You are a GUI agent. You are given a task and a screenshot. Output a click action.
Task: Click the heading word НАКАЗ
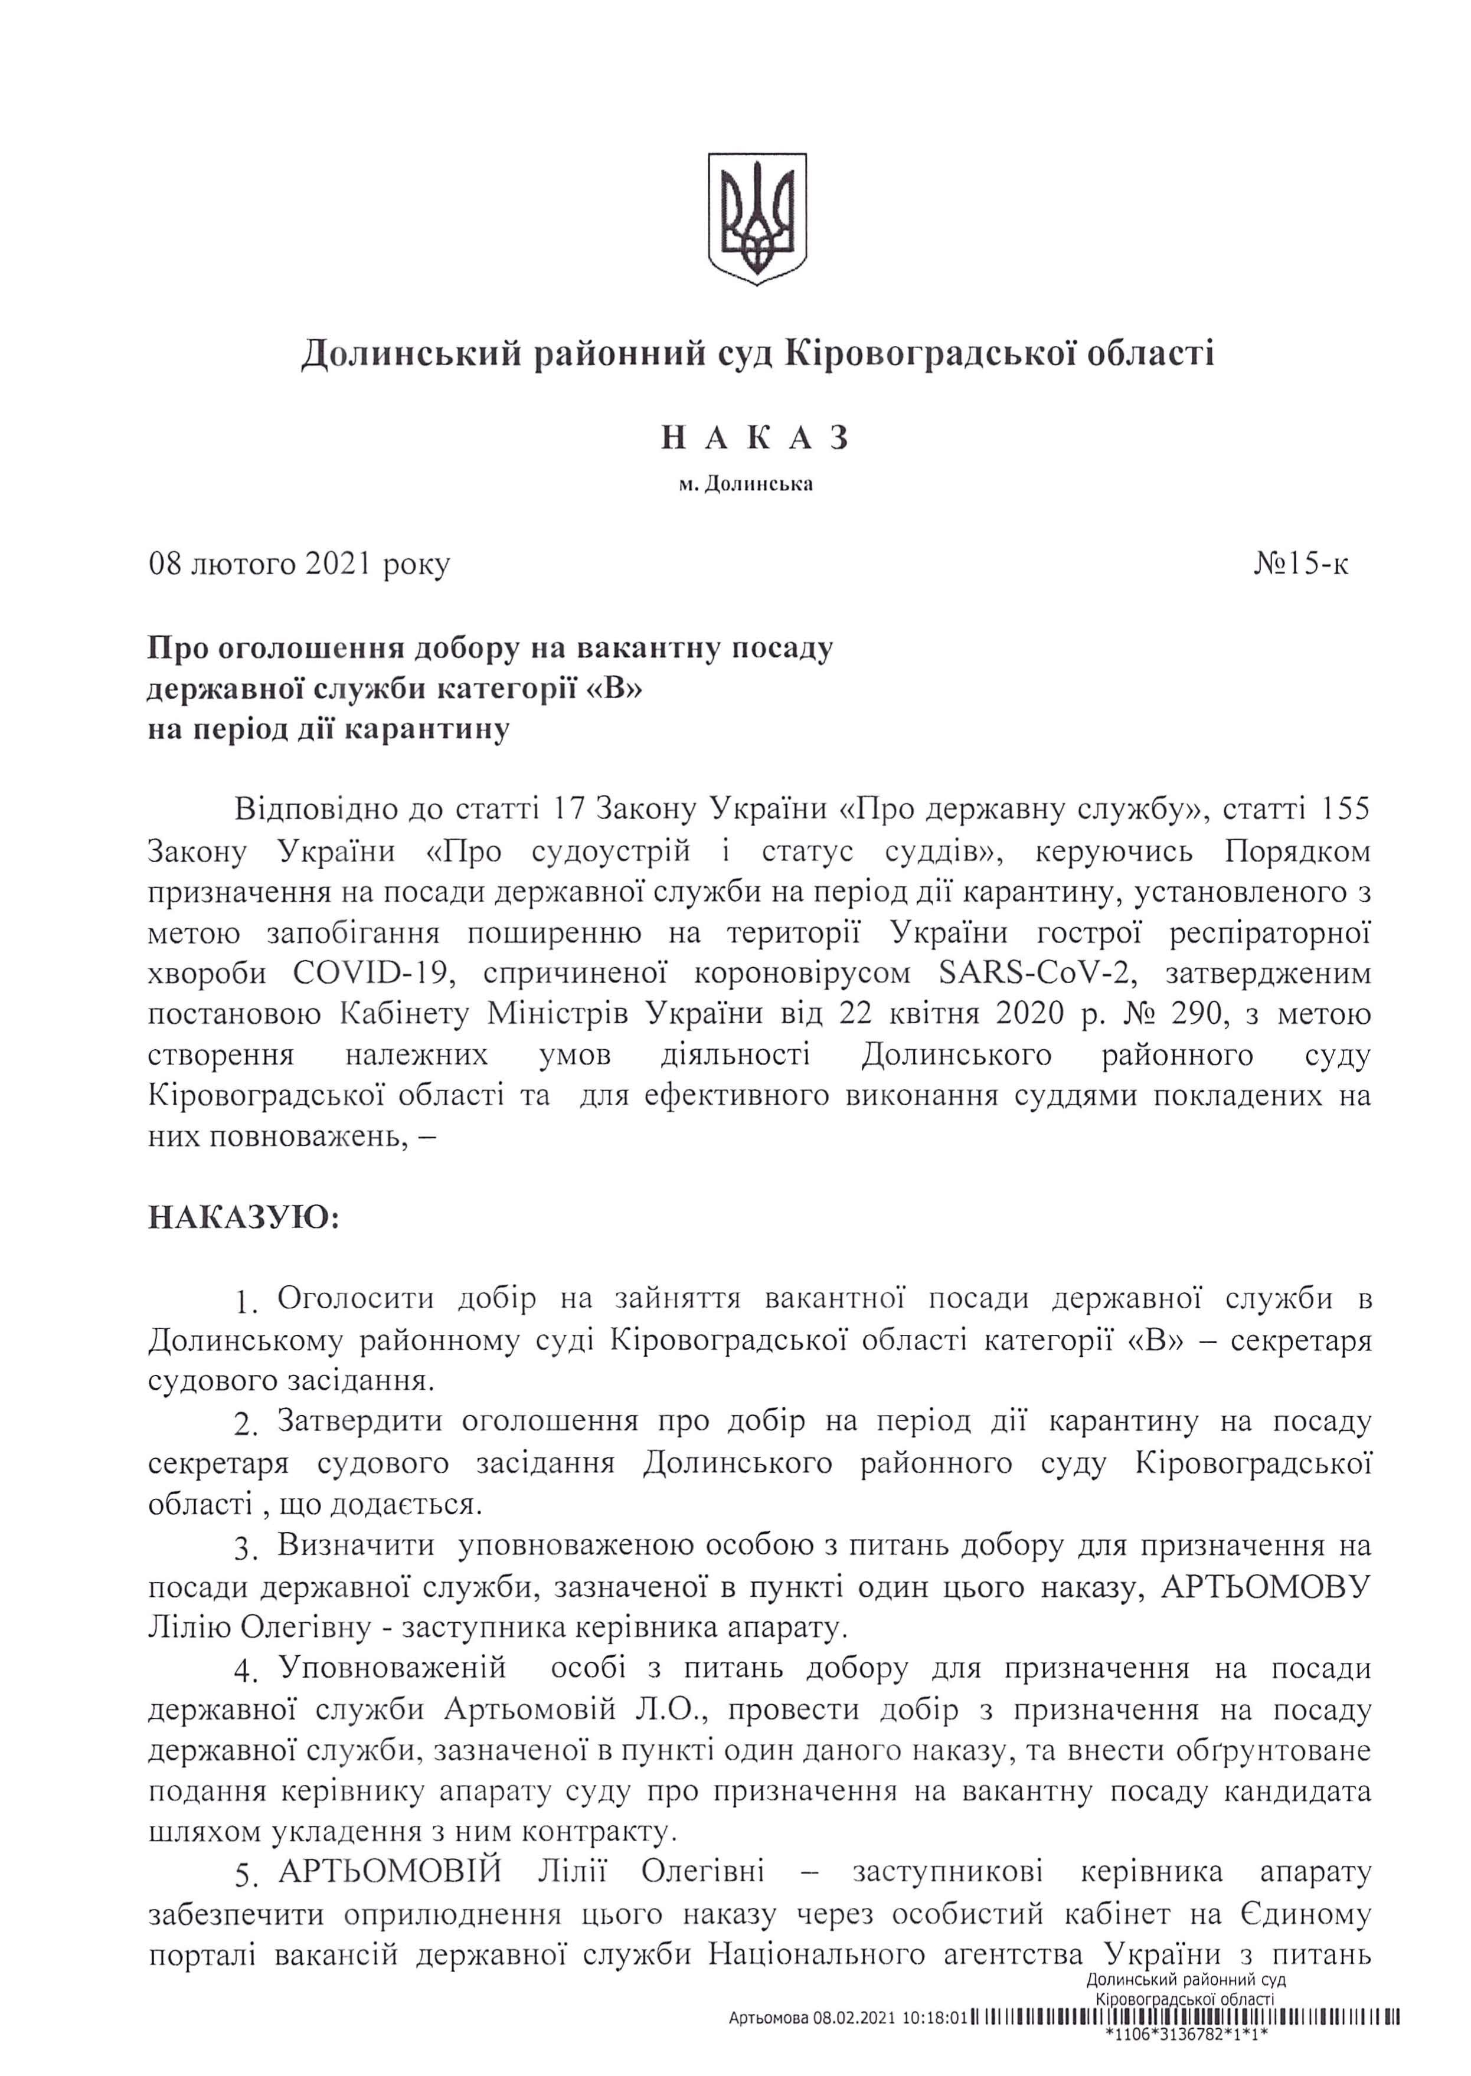pyautogui.click(x=754, y=438)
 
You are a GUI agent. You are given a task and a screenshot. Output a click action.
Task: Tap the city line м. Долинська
pyautogui.click(x=746, y=484)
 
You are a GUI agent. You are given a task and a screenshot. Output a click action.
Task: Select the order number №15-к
pyautogui.click(x=1301, y=564)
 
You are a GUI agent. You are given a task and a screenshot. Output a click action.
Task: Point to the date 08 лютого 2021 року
pyautogui.click(x=299, y=564)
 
